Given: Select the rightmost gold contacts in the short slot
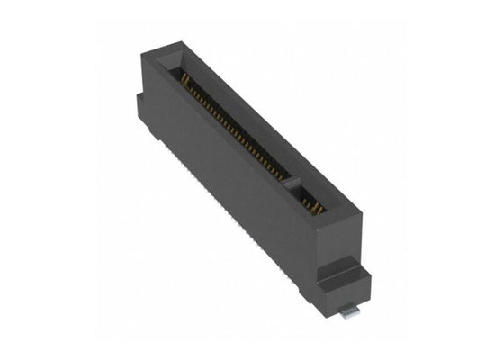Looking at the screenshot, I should coord(320,211).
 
